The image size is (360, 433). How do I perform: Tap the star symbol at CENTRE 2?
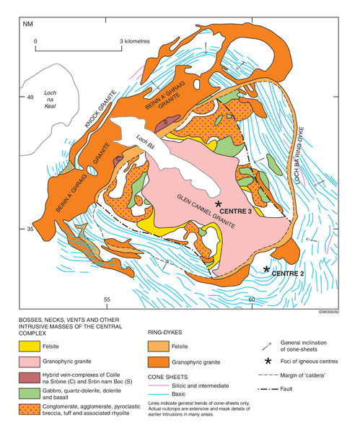tap(267, 269)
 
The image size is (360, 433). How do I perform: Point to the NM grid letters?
tap(27, 25)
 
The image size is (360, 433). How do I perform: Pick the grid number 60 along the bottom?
tap(252, 299)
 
